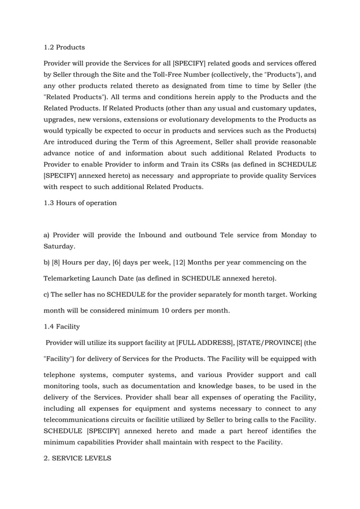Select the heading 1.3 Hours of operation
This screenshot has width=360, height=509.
tap(80, 203)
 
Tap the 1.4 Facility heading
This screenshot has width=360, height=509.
tap(62, 326)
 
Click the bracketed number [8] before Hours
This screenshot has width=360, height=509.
tap(58, 262)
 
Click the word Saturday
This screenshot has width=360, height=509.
tap(60, 246)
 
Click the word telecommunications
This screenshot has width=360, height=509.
tap(82, 420)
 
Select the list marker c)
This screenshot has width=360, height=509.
tap(48, 294)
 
